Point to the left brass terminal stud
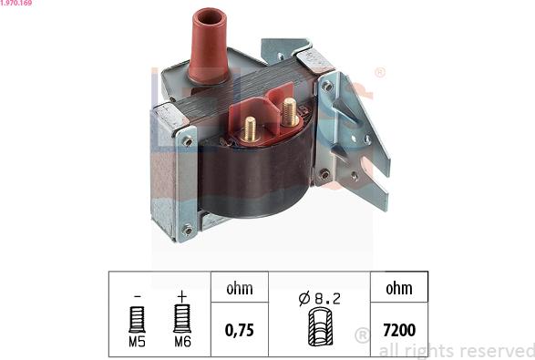click(x=250, y=127)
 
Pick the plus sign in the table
click(x=180, y=294)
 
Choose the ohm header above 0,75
click(x=239, y=288)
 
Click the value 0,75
click(x=239, y=329)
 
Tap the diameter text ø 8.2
click(x=319, y=296)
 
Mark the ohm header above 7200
click(x=398, y=288)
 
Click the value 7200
click(x=398, y=329)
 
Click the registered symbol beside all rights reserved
click(x=361, y=335)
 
